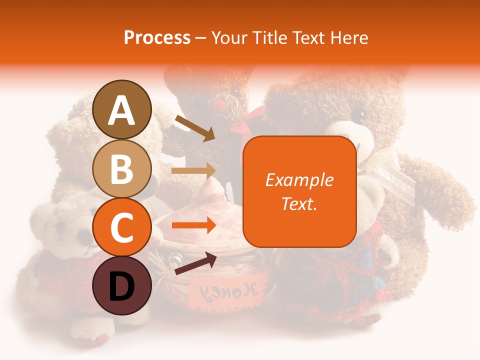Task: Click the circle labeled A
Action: coord(122,109)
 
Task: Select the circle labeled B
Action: coord(122,168)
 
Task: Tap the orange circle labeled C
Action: coord(122,227)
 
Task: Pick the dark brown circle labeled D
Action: coord(122,286)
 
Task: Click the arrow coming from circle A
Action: coord(194,128)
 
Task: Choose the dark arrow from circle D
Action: coord(195,263)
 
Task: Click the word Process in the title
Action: coord(157,37)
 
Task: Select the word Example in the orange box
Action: coord(299,180)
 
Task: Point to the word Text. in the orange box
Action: coord(299,203)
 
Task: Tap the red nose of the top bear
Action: coord(219,105)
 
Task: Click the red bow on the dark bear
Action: coord(245,125)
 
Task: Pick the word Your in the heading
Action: coord(230,37)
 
